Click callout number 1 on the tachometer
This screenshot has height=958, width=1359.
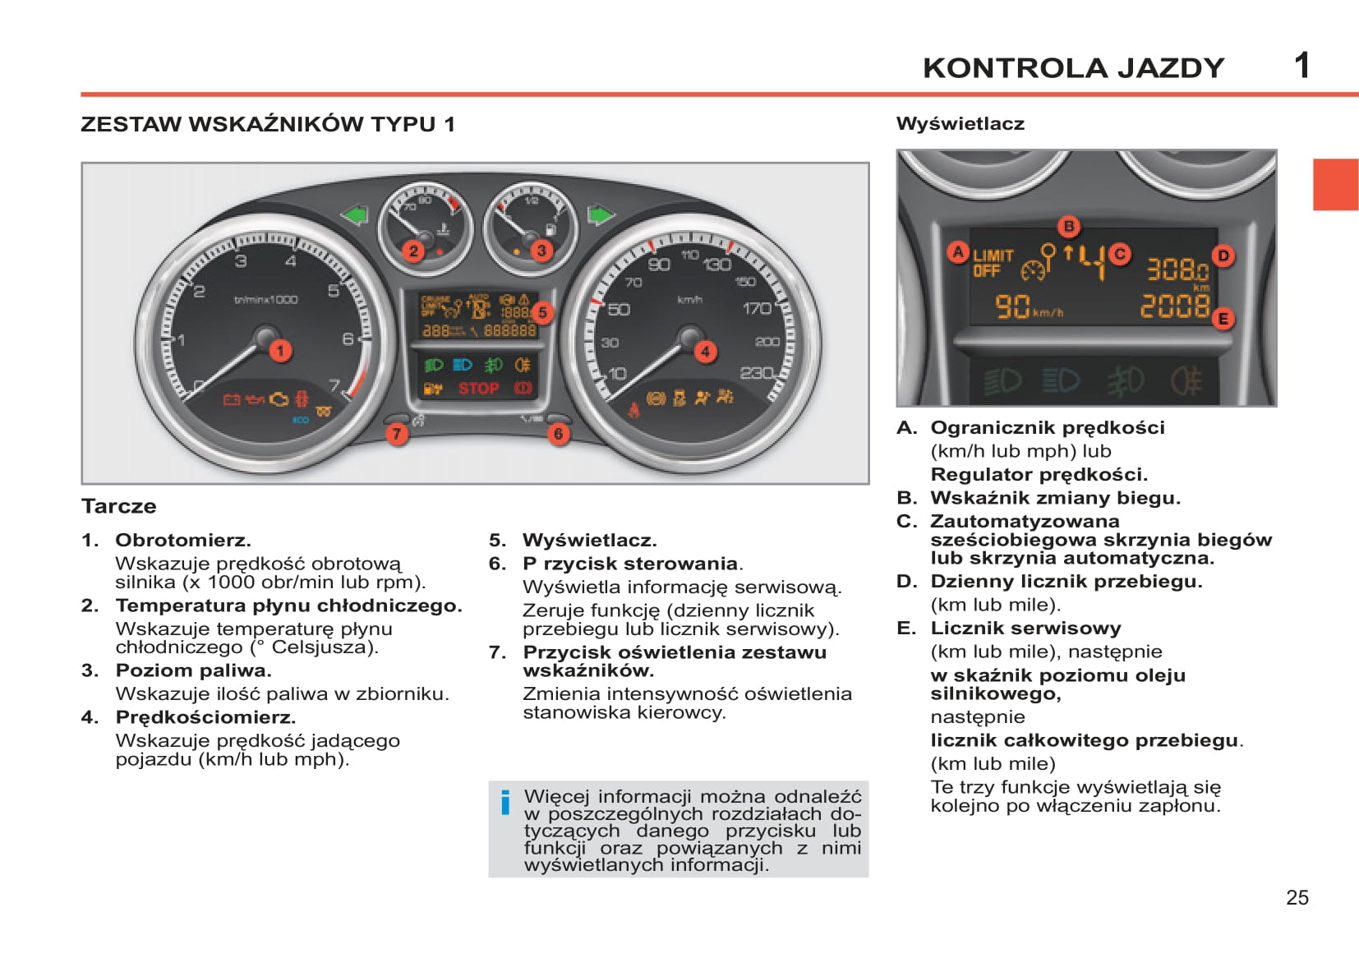[280, 351]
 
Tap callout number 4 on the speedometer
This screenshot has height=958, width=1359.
[705, 352]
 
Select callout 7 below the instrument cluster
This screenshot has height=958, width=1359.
[397, 434]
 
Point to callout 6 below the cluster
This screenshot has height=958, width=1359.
[559, 434]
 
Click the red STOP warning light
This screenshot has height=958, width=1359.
[478, 389]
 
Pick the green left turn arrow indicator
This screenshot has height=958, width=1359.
[355, 215]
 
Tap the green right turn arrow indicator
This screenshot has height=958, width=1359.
[601, 215]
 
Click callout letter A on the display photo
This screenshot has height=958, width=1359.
[958, 252]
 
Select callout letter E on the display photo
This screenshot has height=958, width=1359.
[1223, 319]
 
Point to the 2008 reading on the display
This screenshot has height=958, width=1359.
[1174, 306]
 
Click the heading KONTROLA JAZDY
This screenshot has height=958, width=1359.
[1073, 68]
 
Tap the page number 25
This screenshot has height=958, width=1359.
[1297, 897]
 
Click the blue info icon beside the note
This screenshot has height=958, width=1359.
[505, 802]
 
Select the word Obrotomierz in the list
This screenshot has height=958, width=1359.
[182, 541]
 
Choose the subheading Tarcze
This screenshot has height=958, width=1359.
[119, 506]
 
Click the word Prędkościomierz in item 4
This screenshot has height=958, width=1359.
[205, 717]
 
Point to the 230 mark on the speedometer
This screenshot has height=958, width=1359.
[756, 373]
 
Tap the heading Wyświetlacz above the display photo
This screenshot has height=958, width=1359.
[960, 124]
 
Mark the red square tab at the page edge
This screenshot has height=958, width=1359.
[1335, 184]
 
